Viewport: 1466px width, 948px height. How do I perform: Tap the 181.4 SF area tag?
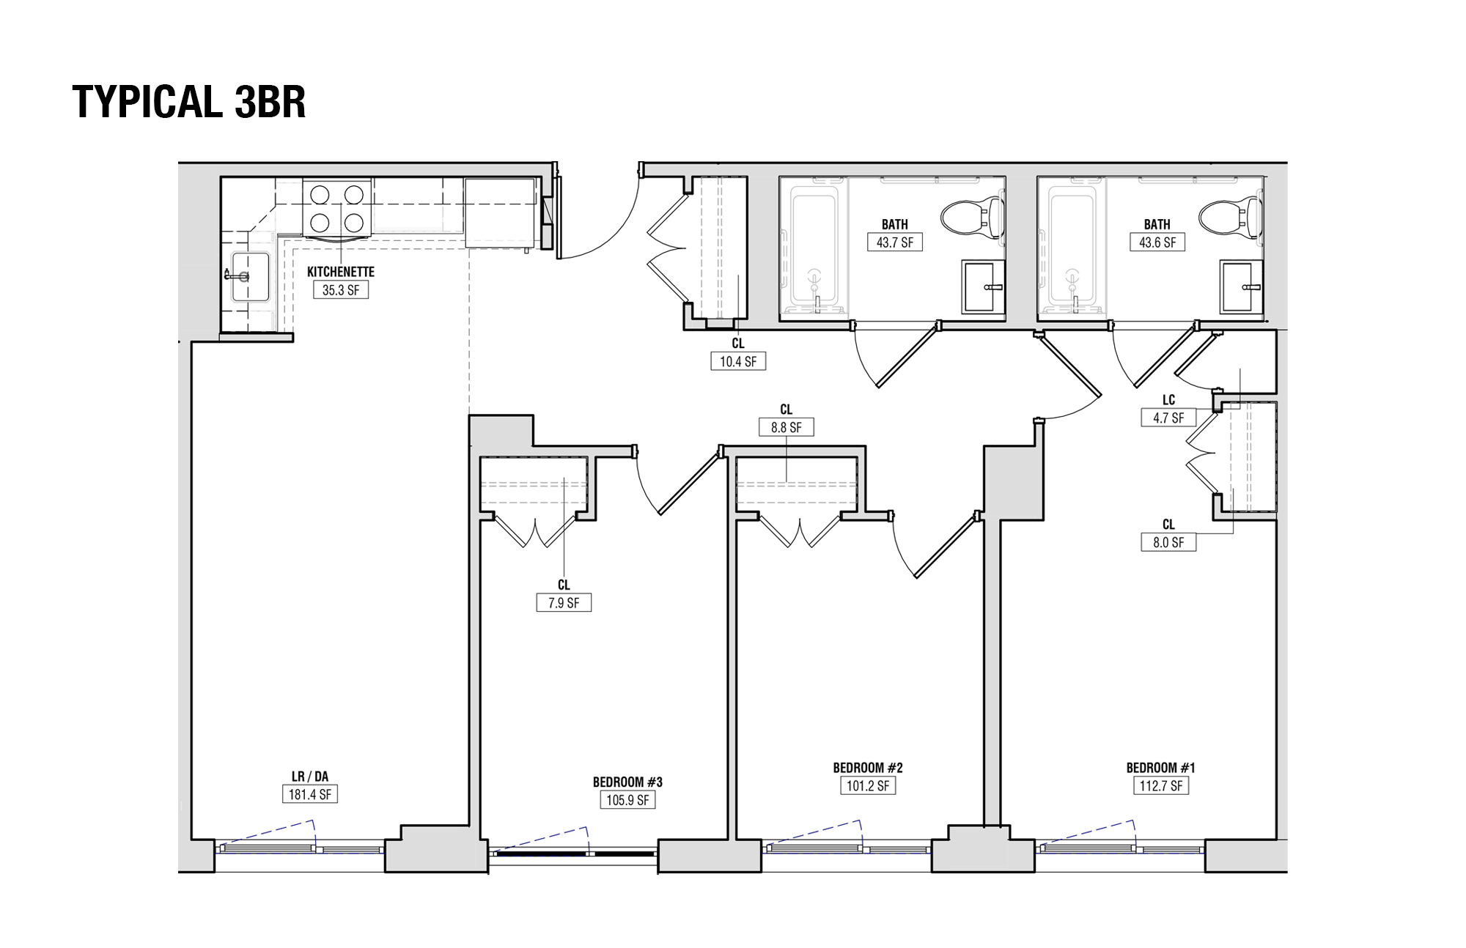(x=309, y=794)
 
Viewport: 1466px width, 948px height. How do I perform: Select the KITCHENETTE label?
(x=341, y=272)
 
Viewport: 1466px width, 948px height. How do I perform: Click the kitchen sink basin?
(x=251, y=276)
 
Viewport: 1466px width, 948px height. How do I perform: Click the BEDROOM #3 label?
(x=627, y=782)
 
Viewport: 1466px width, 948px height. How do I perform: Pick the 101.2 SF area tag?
(x=868, y=786)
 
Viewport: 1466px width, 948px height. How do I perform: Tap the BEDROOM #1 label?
(x=1161, y=768)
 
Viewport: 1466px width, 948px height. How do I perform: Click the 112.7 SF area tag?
(x=1161, y=786)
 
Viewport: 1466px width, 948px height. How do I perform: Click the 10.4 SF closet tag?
(x=738, y=361)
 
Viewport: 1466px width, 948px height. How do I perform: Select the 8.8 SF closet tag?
(x=787, y=427)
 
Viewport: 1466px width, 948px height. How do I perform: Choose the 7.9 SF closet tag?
(x=564, y=603)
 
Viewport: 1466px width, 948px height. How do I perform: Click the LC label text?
(x=1168, y=400)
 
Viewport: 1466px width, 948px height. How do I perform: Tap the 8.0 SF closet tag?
(x=1168, y=542)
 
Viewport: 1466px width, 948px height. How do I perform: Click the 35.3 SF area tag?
(x=341, y=290)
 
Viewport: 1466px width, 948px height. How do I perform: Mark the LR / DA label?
(x=309, y=777)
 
